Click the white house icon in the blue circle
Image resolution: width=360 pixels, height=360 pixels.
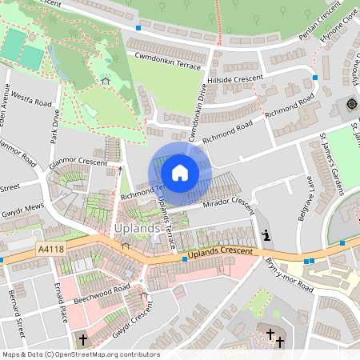coord(180,171)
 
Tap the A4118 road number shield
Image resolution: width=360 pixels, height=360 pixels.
coord(51,250)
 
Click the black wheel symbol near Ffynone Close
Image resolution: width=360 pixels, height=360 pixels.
coord(350,104)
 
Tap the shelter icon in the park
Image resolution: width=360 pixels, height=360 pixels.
coord(106,80)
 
